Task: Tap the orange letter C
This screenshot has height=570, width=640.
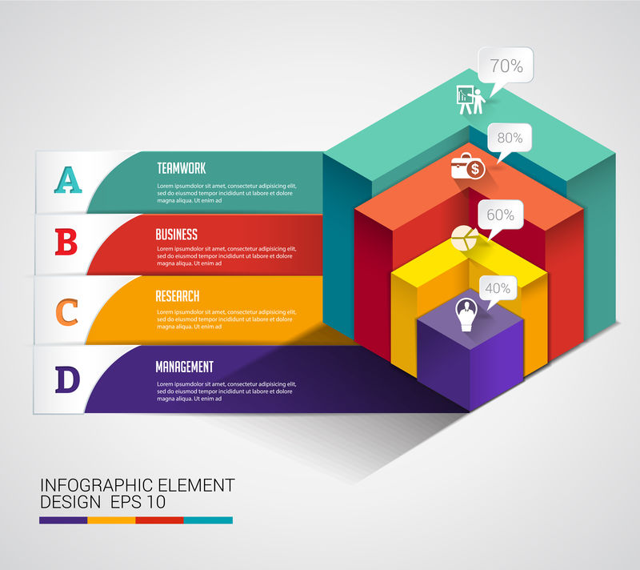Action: click(67, 311)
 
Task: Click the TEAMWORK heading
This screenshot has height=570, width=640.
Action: click(182, 168)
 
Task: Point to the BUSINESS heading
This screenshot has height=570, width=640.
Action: click(176, 235)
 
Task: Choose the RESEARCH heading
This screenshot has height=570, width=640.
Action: click(178, 296)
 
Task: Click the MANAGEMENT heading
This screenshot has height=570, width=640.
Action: click(185, 367)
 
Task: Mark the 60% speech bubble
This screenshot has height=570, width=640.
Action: click(500, 215)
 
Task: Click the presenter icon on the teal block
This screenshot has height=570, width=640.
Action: click(470, 100)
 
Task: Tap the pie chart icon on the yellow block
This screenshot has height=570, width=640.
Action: click(462, 238)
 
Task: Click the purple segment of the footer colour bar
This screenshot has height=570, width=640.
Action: click(63, 520)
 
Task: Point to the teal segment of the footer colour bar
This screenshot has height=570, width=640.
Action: click(208, 520)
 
